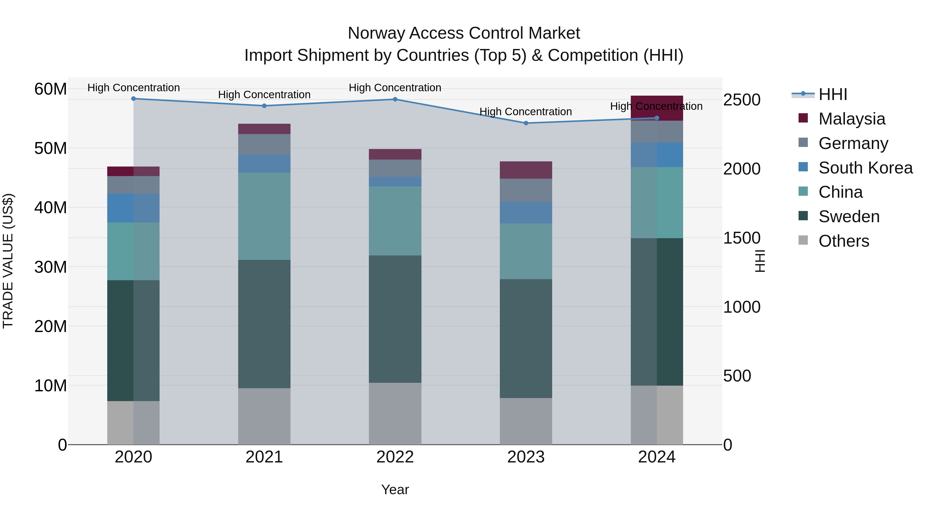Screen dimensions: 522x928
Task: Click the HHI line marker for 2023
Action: click(526, 123)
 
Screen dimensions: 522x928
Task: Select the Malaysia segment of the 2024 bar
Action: click(657, 108)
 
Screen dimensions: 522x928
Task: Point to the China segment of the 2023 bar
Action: click(526, 251)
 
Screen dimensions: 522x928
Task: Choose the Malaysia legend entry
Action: click(852, 119)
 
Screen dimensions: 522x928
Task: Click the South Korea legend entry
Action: click(865, 168)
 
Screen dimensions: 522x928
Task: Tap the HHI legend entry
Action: click(833, 94)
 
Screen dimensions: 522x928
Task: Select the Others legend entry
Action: click(843, 241)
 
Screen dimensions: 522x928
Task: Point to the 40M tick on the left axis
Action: click(51, 208)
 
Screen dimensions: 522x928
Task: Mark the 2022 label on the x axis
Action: click(395, 457)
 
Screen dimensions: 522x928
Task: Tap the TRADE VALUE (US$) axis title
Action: click(8, 261)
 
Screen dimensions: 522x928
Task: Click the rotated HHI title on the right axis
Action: click(760, 261)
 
